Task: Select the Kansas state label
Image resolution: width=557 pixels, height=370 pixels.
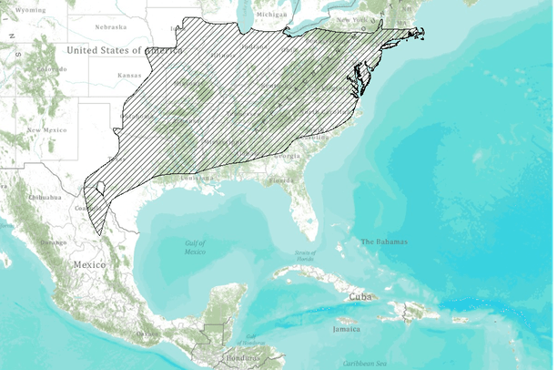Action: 130,75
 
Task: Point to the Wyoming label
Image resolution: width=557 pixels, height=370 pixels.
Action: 30,9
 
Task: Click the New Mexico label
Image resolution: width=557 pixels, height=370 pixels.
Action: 46,130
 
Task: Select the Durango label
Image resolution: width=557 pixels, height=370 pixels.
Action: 53,242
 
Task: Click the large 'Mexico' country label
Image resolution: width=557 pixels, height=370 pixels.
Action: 89,264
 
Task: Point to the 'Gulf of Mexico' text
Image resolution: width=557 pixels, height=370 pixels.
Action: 195,247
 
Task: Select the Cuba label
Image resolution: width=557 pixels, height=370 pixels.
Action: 360,297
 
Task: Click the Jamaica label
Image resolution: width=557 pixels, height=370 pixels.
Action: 347,331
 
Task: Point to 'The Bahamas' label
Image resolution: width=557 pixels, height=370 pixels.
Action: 384,242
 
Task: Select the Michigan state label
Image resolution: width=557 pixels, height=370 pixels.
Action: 270,15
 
